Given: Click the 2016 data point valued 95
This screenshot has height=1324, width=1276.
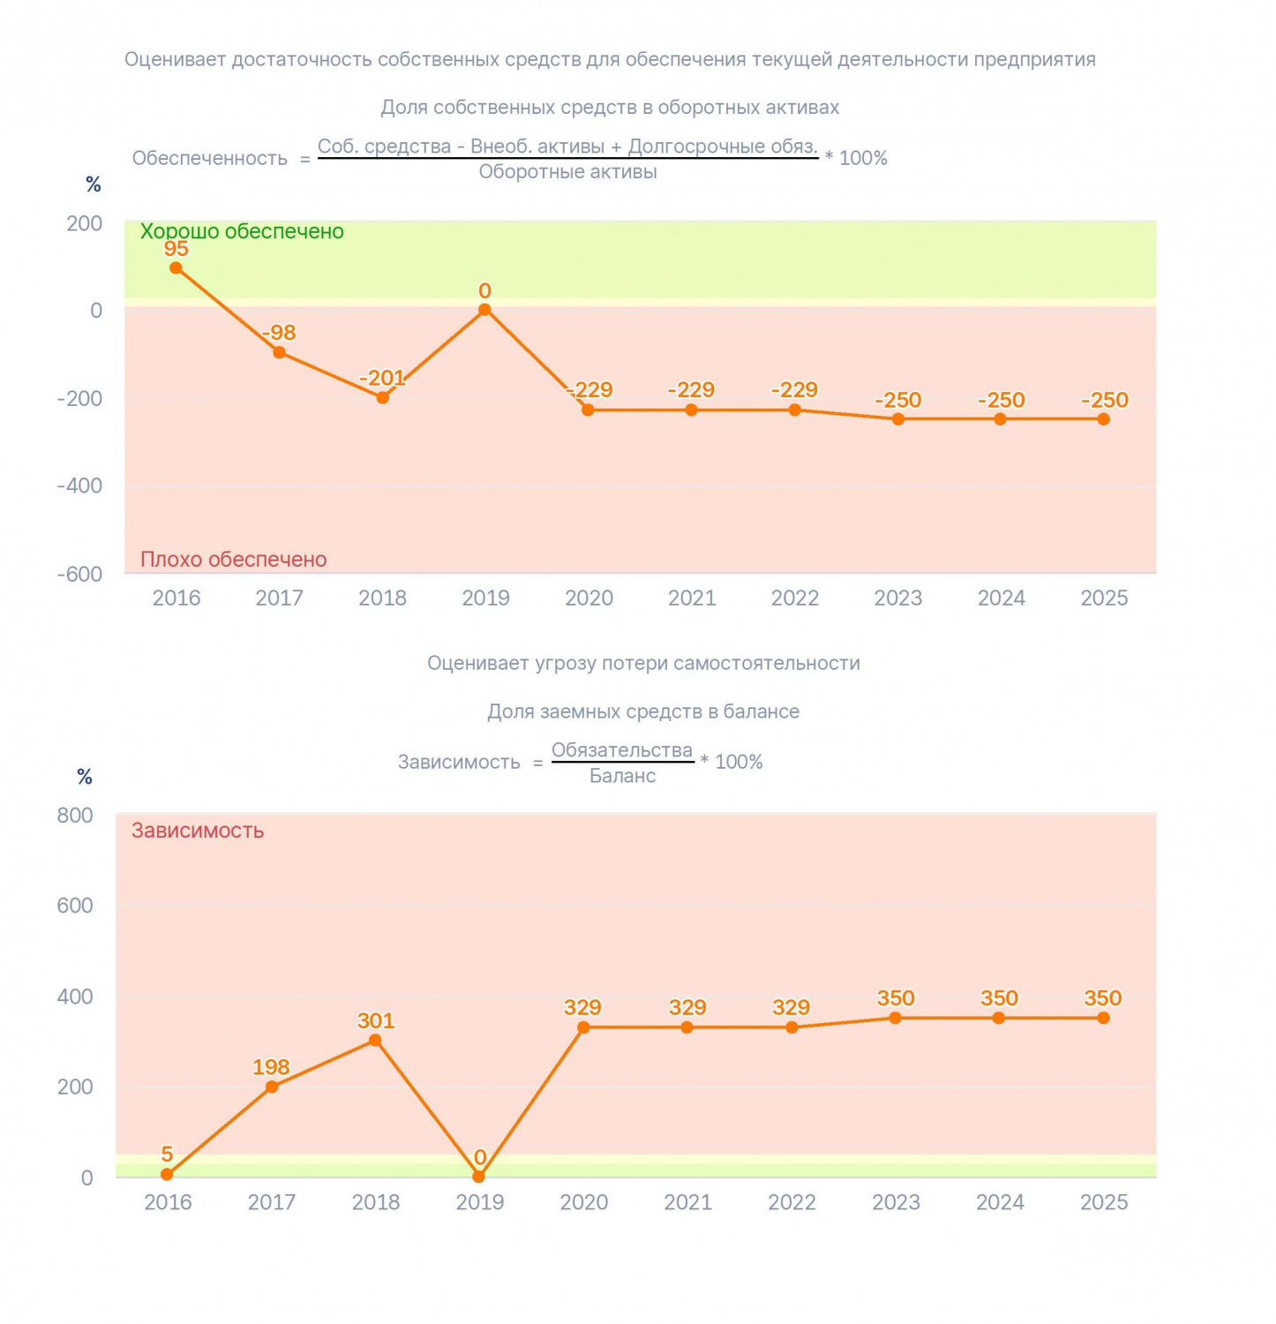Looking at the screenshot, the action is point(176,268).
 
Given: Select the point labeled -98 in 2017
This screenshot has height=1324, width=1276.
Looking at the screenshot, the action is point(279,352).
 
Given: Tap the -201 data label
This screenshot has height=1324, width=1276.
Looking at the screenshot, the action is point(382,378).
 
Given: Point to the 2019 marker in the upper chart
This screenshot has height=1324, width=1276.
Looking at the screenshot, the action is point(484,310).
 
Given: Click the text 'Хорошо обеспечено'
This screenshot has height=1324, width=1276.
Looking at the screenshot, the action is point(242,231).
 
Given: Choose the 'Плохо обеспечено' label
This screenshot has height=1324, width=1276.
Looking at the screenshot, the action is point(234,560).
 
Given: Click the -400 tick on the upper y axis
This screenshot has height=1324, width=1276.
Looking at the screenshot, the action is point(79,485).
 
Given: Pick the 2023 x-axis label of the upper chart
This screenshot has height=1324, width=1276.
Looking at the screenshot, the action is point(898,598).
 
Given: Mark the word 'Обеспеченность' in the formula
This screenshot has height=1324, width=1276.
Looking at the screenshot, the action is point(210,158).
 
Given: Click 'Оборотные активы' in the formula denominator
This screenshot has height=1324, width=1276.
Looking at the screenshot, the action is point(568,172).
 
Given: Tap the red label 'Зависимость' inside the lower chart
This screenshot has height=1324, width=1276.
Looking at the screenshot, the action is point(198,831).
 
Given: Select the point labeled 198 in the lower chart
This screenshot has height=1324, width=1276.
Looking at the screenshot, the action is point(272,1087).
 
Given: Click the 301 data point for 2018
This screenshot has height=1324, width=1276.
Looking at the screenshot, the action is point(375,1041).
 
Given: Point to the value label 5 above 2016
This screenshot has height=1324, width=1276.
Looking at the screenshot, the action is point(167,1155).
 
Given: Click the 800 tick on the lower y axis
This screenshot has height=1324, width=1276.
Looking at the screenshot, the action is point(75,816).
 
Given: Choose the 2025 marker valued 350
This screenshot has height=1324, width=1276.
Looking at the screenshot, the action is point(1104,1018).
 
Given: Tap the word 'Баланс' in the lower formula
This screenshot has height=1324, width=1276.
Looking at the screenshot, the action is point(623,776).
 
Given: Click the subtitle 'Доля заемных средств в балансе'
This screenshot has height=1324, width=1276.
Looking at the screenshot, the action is point(643,711).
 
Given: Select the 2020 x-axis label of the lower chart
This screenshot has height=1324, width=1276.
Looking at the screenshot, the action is point(584,1202).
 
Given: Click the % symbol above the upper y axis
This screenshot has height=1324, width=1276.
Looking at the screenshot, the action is point(94,184).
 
